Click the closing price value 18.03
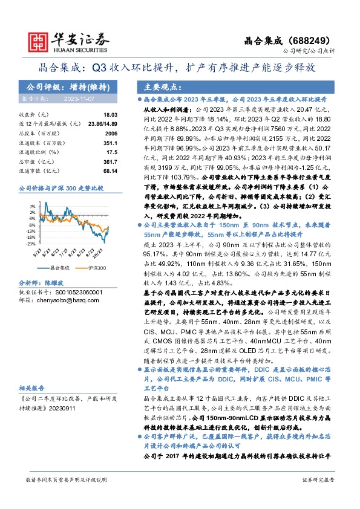tap(110, 114)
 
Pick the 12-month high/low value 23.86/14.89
tap(102, 123)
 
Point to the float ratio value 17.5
tap(111, 152)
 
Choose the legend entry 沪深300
tap(96, 267)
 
